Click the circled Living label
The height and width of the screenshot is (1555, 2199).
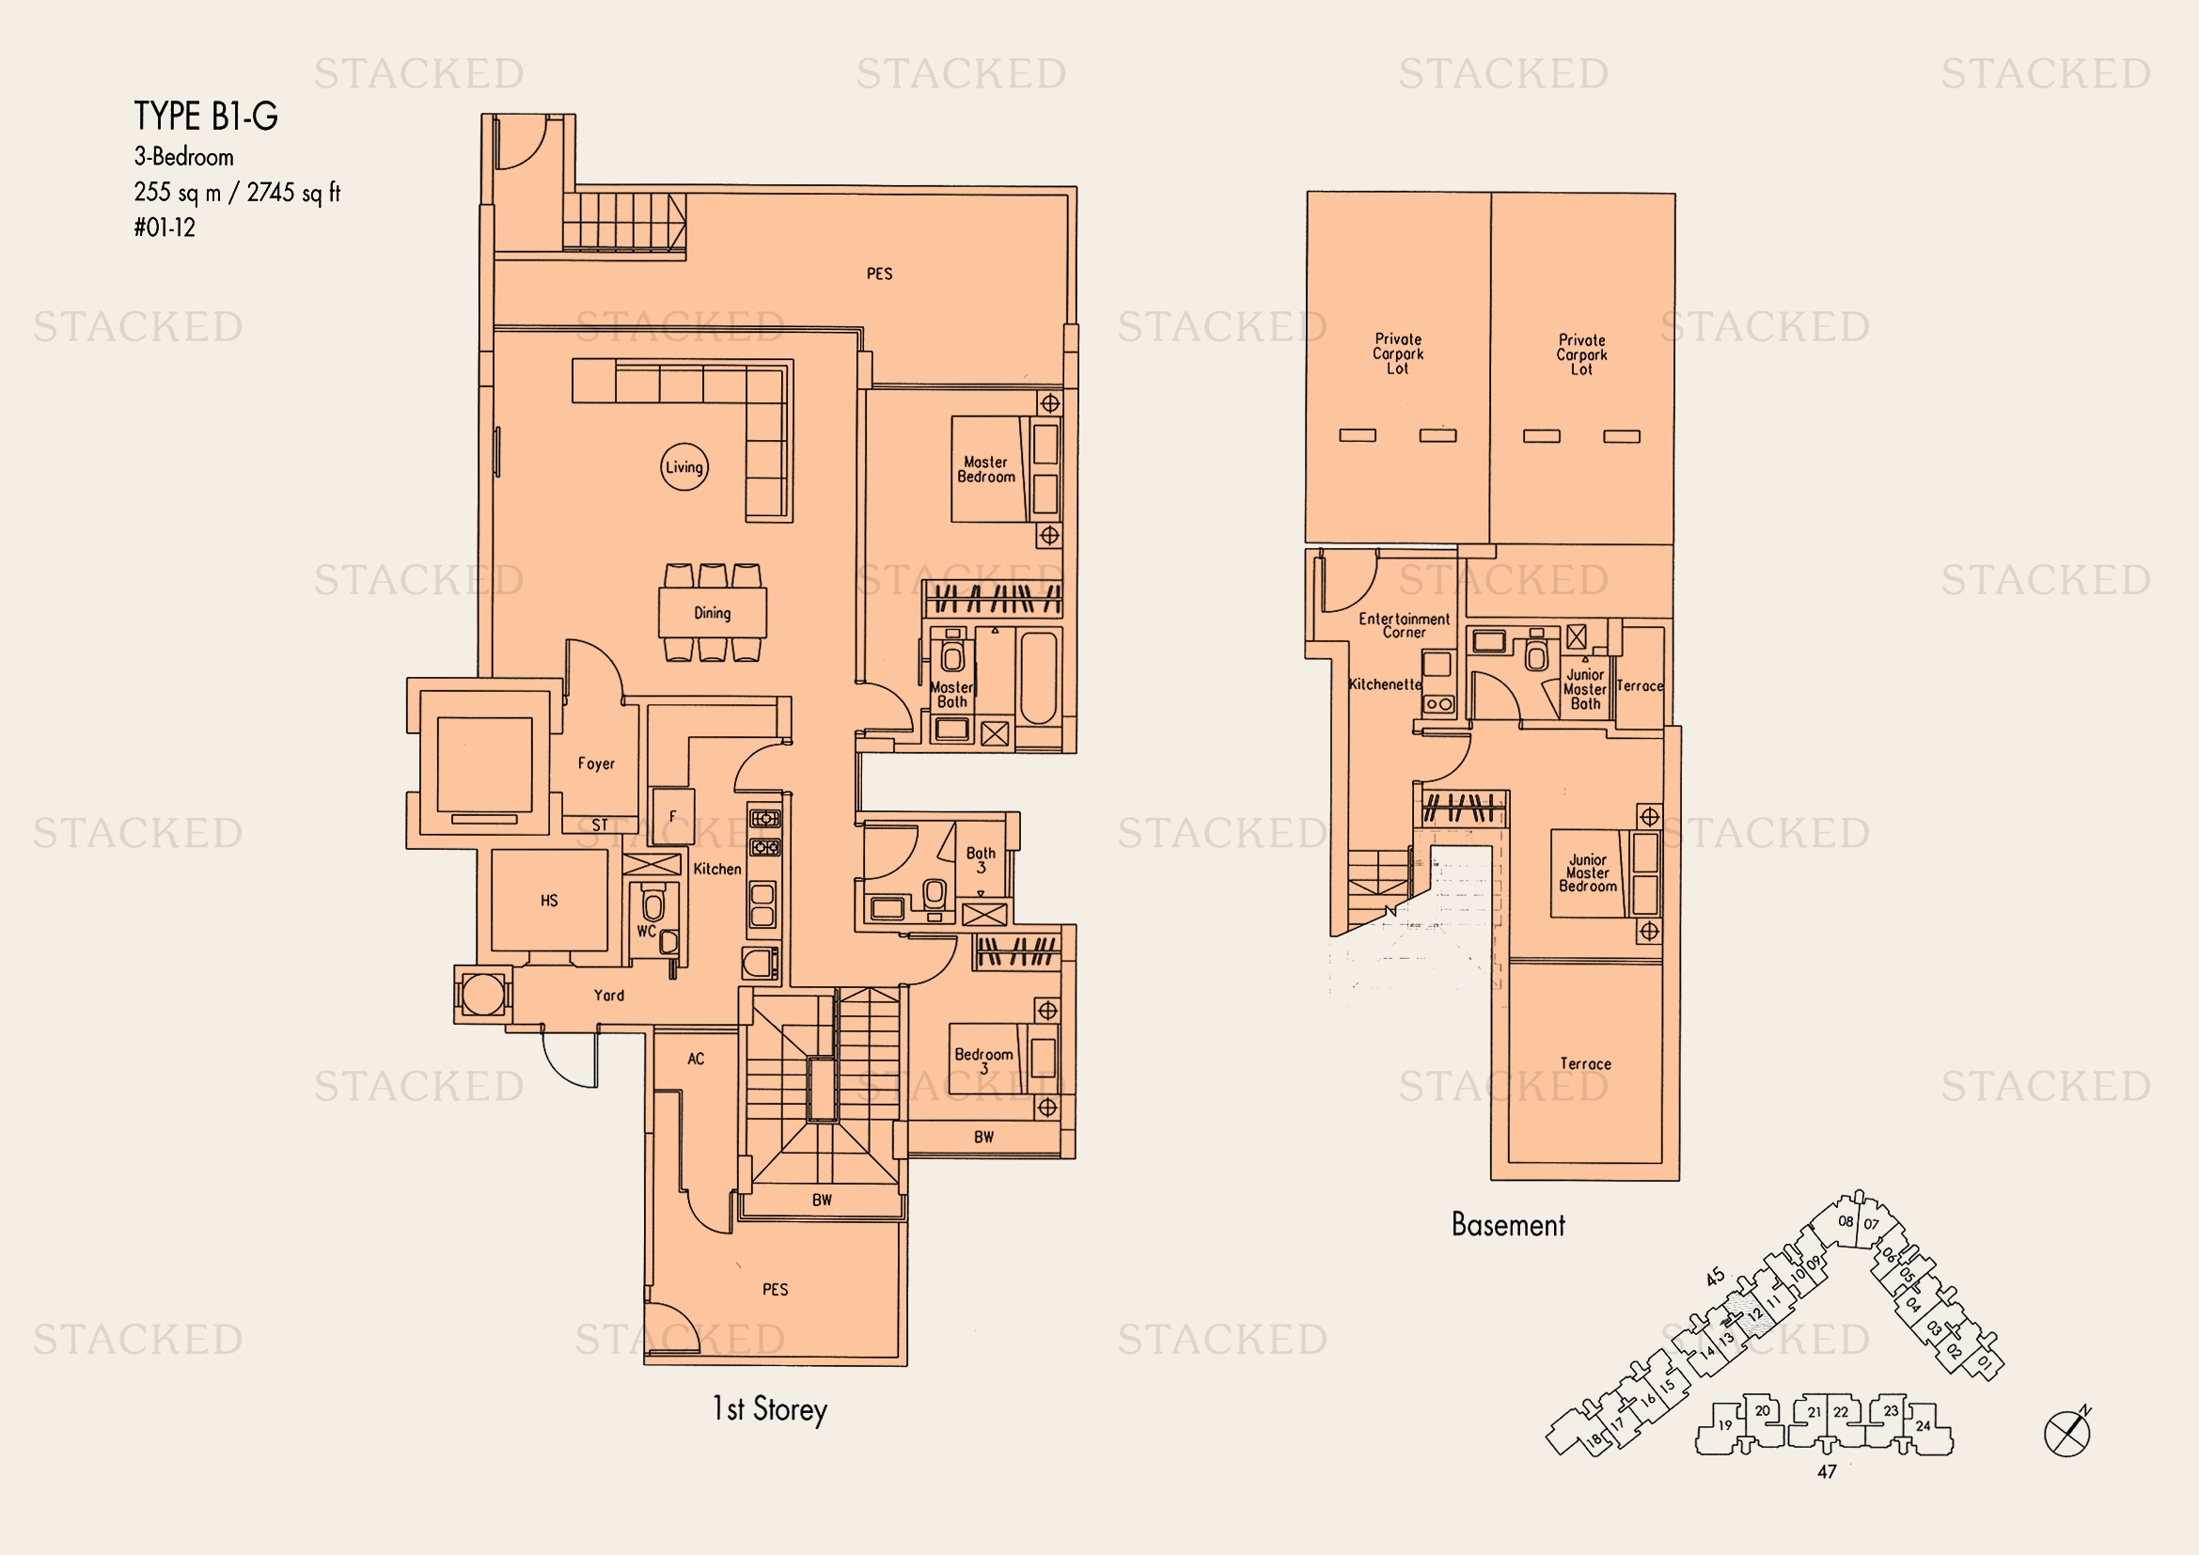[x=683, y=467]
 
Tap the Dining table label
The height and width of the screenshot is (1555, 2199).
[x=713, y=613]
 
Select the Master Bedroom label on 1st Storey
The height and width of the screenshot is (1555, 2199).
[x=986, y=469]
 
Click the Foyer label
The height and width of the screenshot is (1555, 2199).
[x=596, y=763]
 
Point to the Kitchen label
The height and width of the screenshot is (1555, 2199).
[x=717, y=869]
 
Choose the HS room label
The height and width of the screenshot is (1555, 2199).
[x=549, y=900]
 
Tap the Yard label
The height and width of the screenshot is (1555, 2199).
[x=609, y=995]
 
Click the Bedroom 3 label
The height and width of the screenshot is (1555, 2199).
[x=983, y=1060]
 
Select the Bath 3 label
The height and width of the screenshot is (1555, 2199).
[x=981, y=860]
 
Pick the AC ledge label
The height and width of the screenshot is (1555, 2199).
[x=697, y=1058]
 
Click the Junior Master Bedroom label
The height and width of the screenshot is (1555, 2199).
[x=1588, y=873]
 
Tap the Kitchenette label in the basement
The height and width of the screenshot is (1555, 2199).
[x=1385, y=683]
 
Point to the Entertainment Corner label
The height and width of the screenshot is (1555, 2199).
[x=1404, y=625]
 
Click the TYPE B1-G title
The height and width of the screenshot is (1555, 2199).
[x=206, y=116]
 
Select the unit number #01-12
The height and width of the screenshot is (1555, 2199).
[x=165, y=228]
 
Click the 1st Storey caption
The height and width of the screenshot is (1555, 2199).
[x=770, y=1409]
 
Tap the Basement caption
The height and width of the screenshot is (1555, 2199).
[x=1508, y=1225]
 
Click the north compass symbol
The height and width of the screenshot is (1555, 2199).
[x=2067, y=1433]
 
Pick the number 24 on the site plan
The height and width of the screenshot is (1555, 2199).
[x=1924, y=1426]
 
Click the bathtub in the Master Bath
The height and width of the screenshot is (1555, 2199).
[x=1038, y=677]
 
